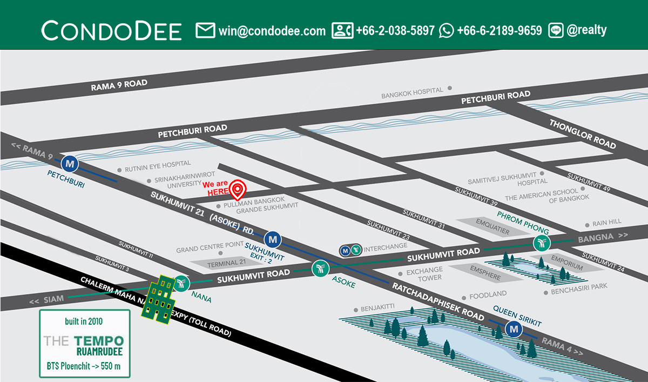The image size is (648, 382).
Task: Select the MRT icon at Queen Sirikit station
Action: point(512,328)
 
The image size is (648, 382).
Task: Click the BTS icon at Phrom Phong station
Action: point(541,243)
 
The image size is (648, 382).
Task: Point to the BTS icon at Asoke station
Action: point(320,269)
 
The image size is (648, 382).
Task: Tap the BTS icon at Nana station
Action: point(181,283)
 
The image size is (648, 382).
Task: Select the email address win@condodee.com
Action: point(272,31)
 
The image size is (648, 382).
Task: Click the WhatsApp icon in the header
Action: point(446,30)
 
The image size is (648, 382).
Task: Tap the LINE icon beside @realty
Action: point(556,30)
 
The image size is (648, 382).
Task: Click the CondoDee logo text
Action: point(111,31)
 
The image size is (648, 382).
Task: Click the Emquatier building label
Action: point(492,225)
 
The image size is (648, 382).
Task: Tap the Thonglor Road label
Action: point(582,133)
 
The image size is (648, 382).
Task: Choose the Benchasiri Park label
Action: point(578,292)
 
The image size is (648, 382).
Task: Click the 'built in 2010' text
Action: point(84,321)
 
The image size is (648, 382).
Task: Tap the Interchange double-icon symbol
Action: point(350,250)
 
